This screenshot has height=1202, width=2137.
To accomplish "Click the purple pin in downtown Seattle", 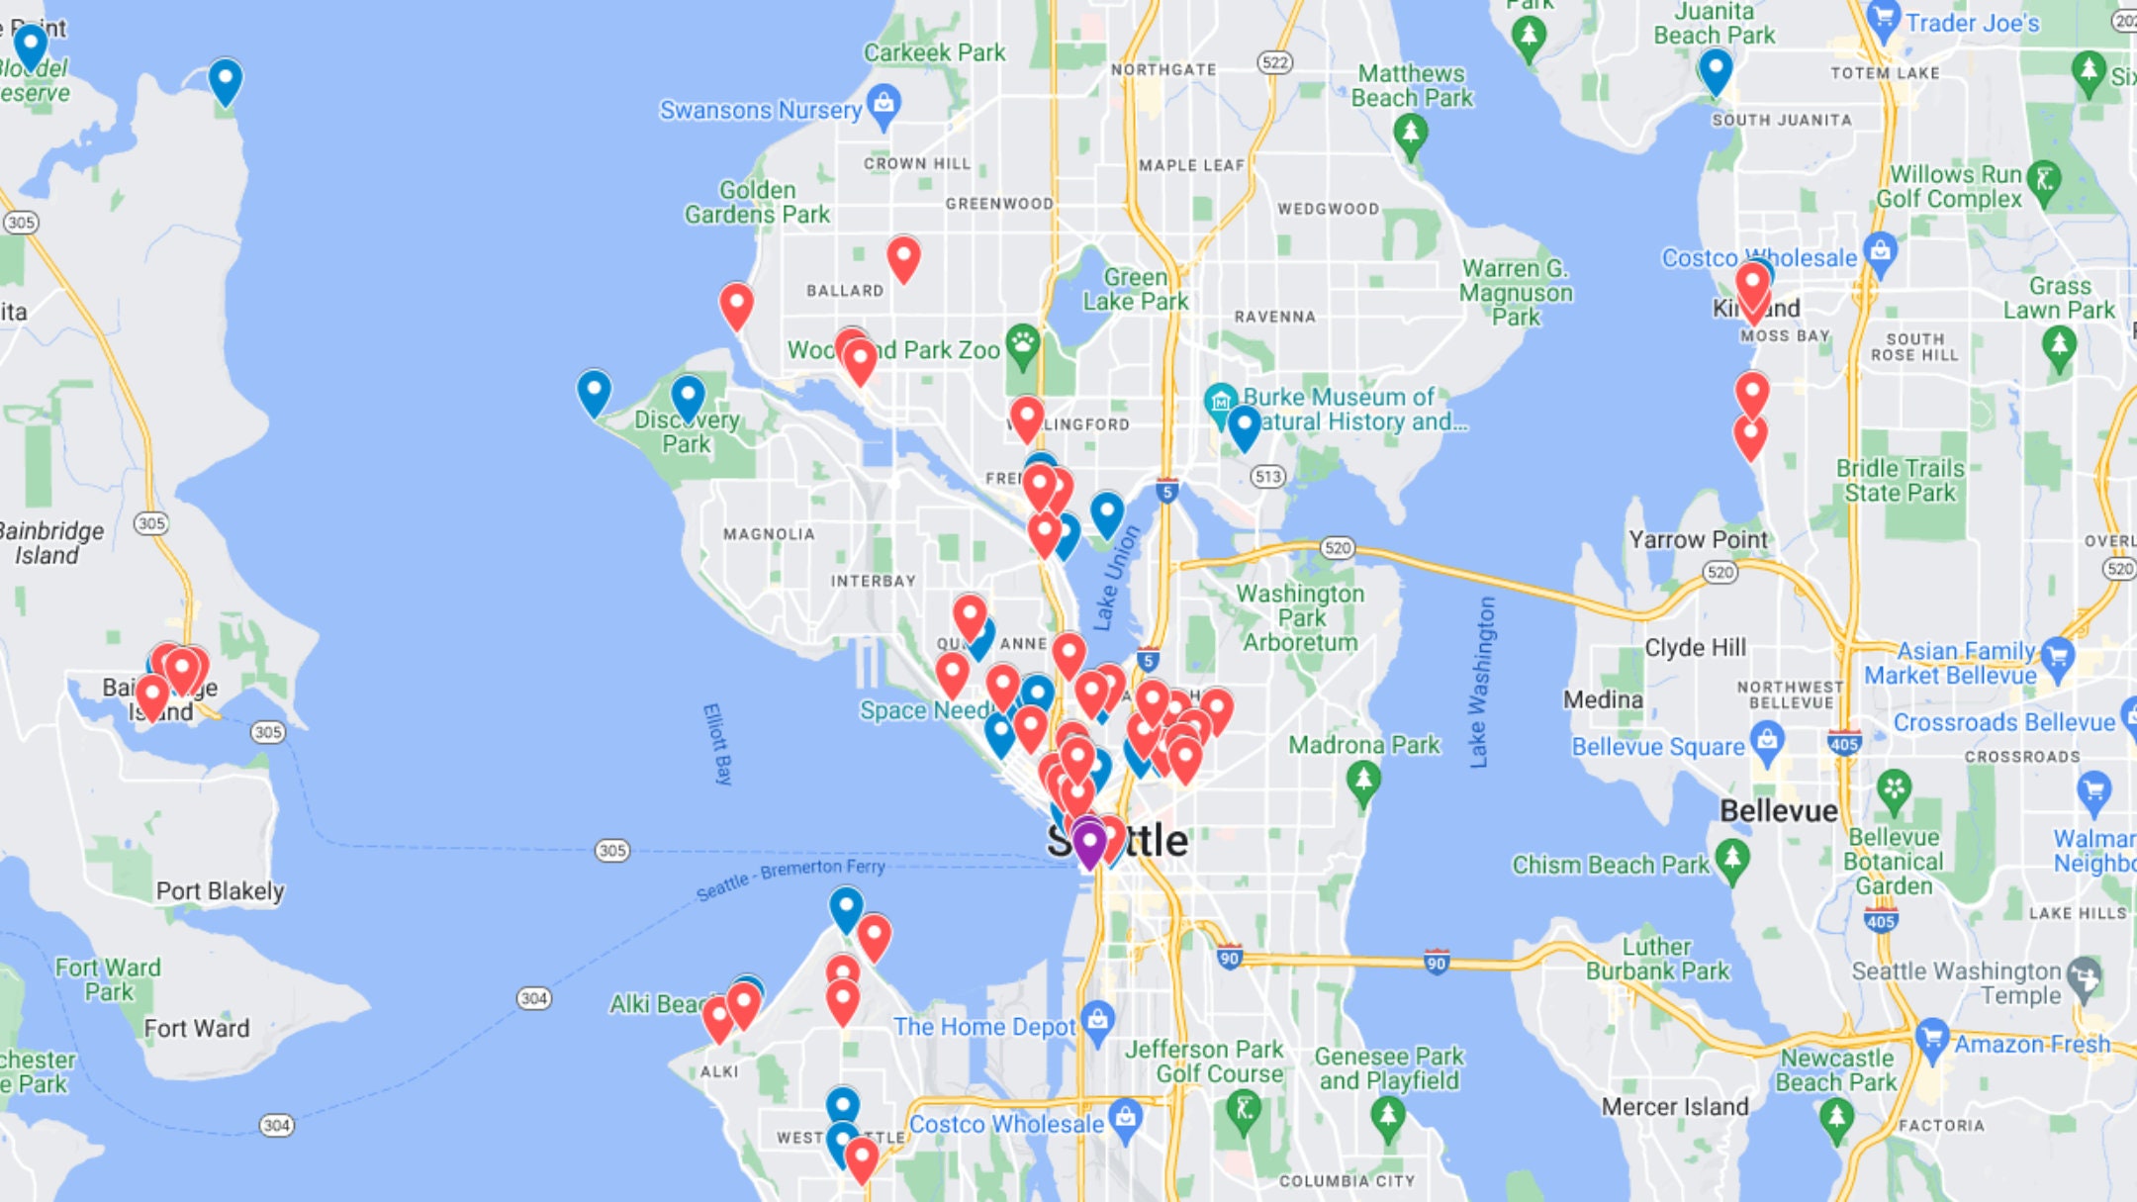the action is point(1088,843).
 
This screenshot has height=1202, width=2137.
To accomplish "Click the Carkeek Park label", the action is point(934,52).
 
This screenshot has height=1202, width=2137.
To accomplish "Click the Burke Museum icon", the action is point(1221,401).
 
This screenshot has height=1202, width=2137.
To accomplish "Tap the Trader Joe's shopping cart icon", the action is point(1883,19).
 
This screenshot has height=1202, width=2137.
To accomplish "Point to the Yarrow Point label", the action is point(1698,539).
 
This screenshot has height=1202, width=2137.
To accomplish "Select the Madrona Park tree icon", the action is point(1364,781).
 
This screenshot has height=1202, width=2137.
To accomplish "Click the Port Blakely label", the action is point(220,891).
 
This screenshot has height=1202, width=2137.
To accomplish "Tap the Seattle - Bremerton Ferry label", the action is point(790,878).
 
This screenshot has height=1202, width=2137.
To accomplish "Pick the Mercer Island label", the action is point(1675,1106).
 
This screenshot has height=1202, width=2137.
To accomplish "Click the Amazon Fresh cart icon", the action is point(1932,1037).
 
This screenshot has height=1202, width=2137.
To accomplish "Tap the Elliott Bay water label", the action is point(717,744).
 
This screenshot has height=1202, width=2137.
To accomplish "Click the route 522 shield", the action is point(1275,62).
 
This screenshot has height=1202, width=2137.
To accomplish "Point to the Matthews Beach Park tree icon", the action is point(1411,133).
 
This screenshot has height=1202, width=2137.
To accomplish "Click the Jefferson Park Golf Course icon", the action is point(1244,1110).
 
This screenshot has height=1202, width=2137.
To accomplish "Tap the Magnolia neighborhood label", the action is point(769,534).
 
